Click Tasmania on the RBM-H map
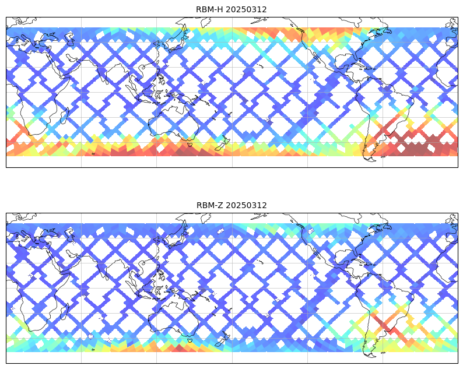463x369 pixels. [x=189, y=143]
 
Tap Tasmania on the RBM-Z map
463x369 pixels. [x=189, y=339]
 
